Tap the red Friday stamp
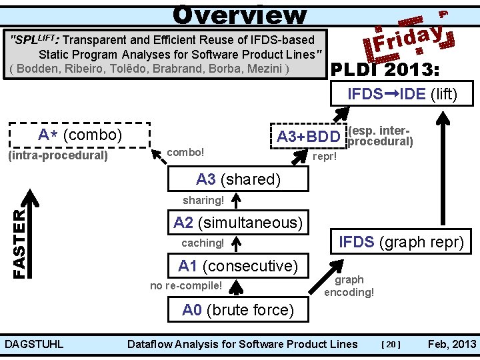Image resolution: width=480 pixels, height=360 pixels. tap(408, 37)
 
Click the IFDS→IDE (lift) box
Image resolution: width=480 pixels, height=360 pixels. tap(402, 94)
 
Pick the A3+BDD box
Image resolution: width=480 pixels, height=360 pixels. tap(308, 137)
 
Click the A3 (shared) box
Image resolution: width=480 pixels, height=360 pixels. tap(238, 179)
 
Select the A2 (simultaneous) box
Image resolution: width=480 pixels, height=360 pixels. tap(238, 223)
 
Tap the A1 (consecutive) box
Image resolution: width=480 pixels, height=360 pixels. tap(238, 266)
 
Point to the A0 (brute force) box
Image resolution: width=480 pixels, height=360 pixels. tap(238, 310)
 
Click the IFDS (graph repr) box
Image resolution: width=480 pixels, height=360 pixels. tap(401, 241)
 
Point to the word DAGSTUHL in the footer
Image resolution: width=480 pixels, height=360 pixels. tap(34, 344)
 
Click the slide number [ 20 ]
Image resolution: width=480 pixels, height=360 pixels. tap(391, 344)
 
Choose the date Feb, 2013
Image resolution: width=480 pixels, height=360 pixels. tap(452, 344)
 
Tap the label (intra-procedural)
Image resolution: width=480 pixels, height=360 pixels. tap(57, 156)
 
